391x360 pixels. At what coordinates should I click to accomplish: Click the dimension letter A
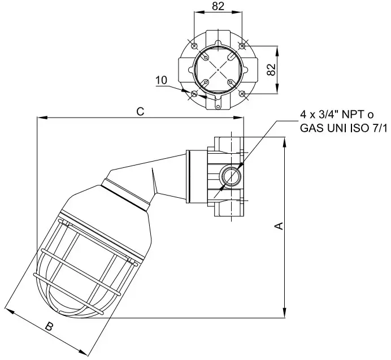(x=278, y=226)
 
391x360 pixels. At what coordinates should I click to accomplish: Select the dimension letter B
(x=49, y=327)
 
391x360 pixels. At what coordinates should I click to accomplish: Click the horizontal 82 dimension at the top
(x=218, y=7)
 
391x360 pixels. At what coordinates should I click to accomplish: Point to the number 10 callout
(x=161, y=81)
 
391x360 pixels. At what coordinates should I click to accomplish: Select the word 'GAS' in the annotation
(x=312, y=129)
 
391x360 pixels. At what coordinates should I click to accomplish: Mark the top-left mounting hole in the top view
(x=194, y=45)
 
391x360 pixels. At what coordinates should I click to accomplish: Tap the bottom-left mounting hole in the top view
(x=194, y=93)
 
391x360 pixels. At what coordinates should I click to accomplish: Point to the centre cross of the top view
(x=218, y=70)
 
